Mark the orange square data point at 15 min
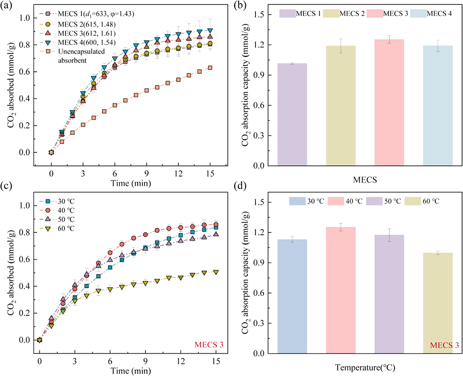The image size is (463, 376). click(209, 68)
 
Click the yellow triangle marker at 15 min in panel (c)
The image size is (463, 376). click(216, 272)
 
